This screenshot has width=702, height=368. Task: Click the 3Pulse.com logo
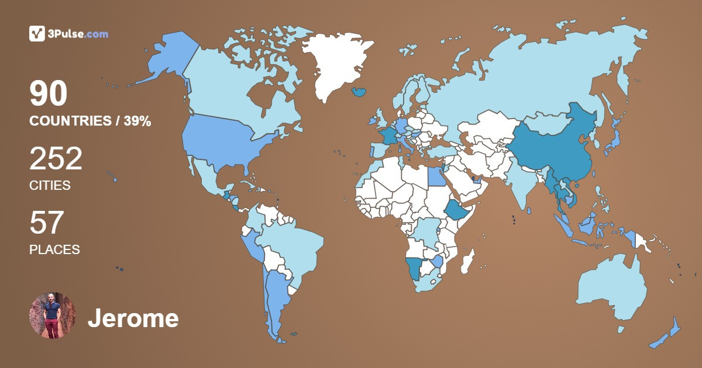(x=68, y=34)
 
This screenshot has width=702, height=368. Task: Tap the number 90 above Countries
(x=49, y=93)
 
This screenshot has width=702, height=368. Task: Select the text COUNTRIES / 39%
(x=90, y=121)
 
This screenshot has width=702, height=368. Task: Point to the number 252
(x=56, y=159)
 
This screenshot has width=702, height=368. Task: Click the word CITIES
(x=50, y=185)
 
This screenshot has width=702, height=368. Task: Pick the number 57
(x=46, y=223)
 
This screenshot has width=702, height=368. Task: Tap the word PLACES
(x=54, y=249)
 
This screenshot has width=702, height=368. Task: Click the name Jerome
(x=133, y=318)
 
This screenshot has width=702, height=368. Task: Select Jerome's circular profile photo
(x=53, y=315)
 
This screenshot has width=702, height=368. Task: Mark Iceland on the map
(x=359, y=92)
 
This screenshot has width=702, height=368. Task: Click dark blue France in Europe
(x=388, y=137)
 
